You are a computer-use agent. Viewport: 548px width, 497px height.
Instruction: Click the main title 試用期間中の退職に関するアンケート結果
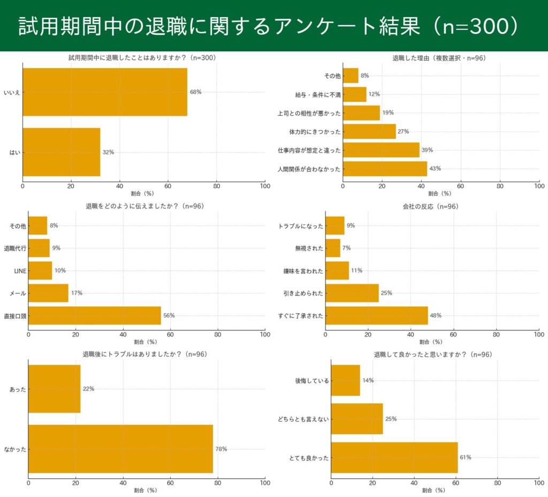(x=268, y=26)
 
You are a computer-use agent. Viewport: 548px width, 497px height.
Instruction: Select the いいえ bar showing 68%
(x=105, y=92)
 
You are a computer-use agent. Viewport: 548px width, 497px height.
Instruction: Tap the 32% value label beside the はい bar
(x=108, y=152)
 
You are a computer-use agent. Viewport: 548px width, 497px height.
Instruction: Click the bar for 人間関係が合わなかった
(x=385, y=169)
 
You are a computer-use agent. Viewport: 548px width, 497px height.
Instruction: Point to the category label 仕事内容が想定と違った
(x=309, y=150)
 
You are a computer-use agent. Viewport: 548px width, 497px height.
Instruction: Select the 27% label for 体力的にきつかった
(x=403, y=132)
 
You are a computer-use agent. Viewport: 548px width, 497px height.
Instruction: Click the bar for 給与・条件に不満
(x=354, y=94)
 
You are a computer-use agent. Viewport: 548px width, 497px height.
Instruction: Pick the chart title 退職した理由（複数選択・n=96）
(x=439, y=58)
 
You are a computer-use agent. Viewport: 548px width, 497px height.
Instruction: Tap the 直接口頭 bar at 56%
(x=95, y=315)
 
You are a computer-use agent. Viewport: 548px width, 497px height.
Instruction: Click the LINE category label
(x=20, y=271)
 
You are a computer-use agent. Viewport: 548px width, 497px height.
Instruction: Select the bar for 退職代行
(x=39, y=248)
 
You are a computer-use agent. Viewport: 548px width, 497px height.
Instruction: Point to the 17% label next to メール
(x=77, y=293)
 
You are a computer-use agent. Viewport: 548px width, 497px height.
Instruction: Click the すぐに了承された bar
(x=377, y=315)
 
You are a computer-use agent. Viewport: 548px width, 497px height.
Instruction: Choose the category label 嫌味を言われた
(x=303, y=271)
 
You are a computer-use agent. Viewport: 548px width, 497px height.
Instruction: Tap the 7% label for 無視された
(x=346, y=248)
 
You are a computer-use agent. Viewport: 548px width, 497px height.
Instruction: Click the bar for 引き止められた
(x=352, y=293)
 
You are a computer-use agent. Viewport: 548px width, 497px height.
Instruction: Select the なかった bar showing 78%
(x=120, y=449)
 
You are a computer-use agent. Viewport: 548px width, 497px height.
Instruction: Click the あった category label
(x=18, y=389)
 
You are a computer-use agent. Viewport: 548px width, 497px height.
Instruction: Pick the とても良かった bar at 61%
(x=394, y=457)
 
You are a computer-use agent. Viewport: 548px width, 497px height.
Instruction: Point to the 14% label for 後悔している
(x=368, y=380)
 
